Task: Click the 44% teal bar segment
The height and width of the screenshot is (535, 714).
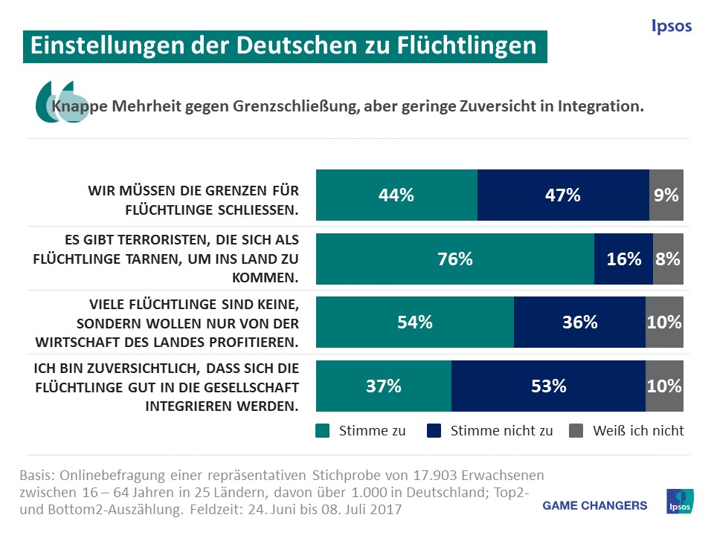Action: [x=396, y=195]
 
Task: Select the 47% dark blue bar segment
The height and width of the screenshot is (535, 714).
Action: [x=563, y=195]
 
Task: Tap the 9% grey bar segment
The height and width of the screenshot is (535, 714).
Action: [x=666, y=195]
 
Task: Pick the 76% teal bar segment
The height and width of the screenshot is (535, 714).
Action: [x=455, y=259]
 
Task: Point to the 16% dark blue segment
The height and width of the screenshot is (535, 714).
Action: [x=623, y=259]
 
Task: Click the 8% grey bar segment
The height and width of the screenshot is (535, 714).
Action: [x=668, y=259]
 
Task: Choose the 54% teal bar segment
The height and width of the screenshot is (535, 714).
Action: [x=415, y=322]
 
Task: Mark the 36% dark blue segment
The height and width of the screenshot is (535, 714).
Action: [x=579, y=322]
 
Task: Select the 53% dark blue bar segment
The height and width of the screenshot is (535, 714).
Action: [x=548, y=386]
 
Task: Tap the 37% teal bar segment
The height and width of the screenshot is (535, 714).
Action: [x=384, y=386]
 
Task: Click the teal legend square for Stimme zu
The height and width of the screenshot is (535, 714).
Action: [x=322, y=430]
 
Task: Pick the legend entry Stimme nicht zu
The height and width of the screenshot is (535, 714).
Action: [x=501, y=430]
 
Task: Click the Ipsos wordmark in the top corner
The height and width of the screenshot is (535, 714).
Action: [x=671, y=27]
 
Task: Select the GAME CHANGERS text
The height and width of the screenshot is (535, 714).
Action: [x=595, y=505]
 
